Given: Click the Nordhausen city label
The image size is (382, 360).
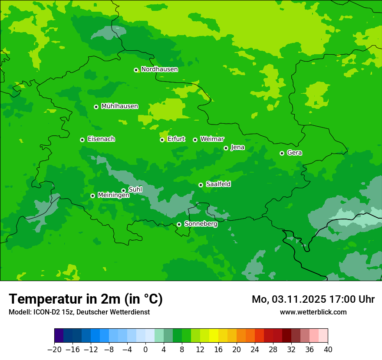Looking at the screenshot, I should pyautogui.click(x=159, y=69).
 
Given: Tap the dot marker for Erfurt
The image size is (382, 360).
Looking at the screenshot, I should pyautogui.click(x=162, y=140).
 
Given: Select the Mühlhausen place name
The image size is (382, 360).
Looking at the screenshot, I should pyautogui.click(x=119, y=106).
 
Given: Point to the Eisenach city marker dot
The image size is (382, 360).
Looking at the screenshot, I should pyautogui.click(x=82, y=140).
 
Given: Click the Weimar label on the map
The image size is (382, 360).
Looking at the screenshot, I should pyautogui.click(x=212, y=139).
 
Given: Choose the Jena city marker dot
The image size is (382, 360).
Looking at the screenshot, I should pyautogui.click(x=226, y=148).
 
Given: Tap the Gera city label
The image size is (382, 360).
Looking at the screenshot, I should pyautogui.click(x=294, y=153).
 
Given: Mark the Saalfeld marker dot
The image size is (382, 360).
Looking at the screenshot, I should pyautogui.click(x=201, y=185).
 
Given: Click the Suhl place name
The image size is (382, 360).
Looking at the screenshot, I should pyautogui.click(x=135, y=190).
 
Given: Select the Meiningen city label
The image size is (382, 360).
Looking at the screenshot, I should pyautogui.click(x=113, y=195).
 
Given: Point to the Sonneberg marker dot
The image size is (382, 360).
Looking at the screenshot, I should pyautogui.click(x=179, y=224).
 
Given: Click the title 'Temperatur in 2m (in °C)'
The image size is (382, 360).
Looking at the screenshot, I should pyautogui.click(x=86, y=299).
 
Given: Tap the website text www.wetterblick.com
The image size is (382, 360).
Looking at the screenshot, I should pyautogui.click(x=313, y=312).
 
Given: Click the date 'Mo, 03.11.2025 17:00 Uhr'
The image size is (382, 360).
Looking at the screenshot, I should pyautogui.click(x=313, y=299).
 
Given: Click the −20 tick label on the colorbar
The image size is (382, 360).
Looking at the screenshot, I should pyautogui.click(x=54, y=350).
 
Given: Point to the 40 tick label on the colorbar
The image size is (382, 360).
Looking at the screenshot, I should pyautogui.click(x=328, y=350).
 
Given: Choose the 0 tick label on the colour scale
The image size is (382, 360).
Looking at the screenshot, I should pyautogui.click(x=145, y=350).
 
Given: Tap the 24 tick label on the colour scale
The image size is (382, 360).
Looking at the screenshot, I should pyautogui.click(x=255, y=350).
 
